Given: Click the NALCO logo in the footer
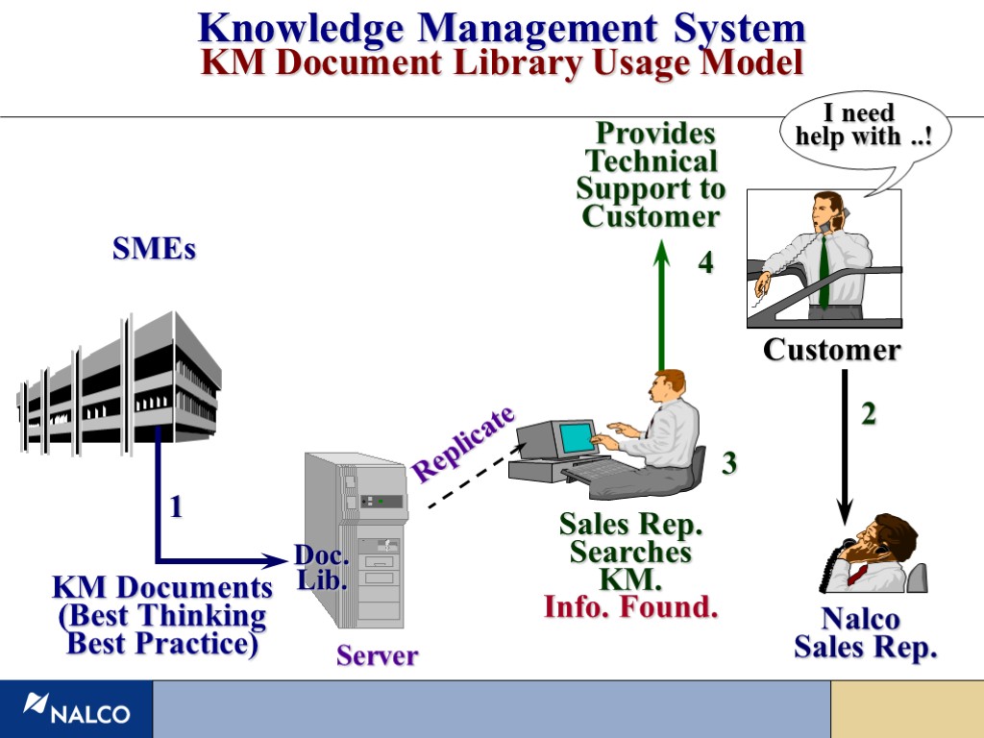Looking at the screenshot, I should click(x=76, y=709).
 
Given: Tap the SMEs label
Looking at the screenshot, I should click(x=154, y=250).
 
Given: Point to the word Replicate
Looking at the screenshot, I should click(x=463, y=443).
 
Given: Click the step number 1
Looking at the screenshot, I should click(x=176, y=508).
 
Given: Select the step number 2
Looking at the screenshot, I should click(x=869, y=414).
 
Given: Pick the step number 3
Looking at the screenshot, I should click(x=729, y=464).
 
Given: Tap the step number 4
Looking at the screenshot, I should click(x=706, y=262).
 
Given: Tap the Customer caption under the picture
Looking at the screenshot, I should click(x=831, y=350).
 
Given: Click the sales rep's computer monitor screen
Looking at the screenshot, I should click(x=578, y=436).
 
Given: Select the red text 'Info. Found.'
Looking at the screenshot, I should click(x=630, y=607).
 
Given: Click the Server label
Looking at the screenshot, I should click(x=377, y=656).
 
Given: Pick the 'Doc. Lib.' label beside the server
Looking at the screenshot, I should click(x=321, y=567).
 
